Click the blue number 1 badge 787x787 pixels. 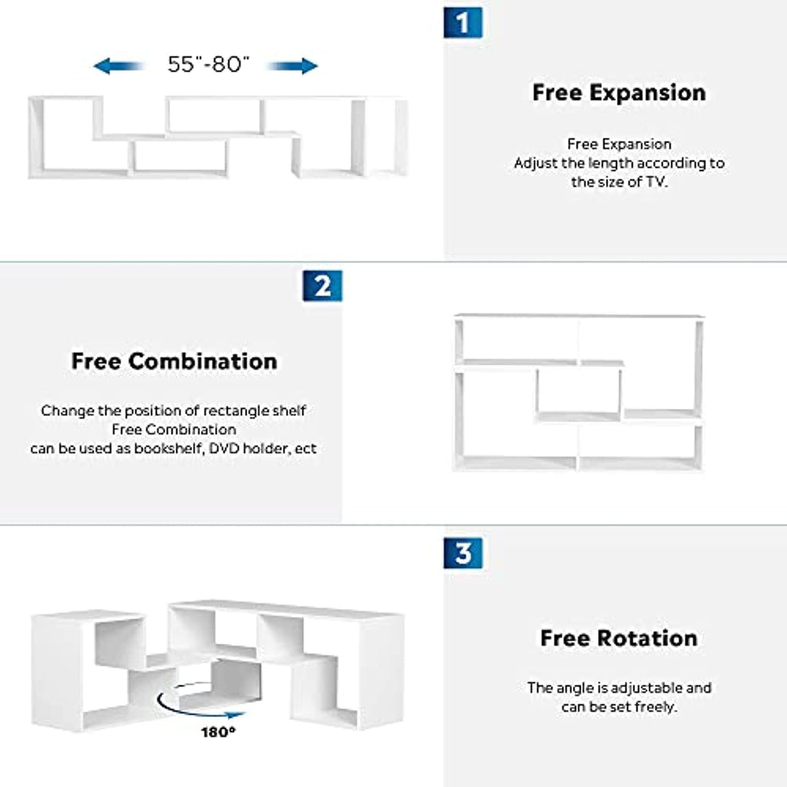(x=463, y=22)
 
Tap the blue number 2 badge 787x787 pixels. (x=322, y=286)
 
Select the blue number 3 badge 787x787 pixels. (x=463, y=553)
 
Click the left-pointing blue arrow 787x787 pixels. (x=118, y=66)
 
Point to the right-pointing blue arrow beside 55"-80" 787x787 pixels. (x=294, y=66)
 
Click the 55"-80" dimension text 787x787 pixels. (x=208, y=65)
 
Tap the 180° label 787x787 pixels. (x=218, y=732)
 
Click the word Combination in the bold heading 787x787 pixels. (x=203, y=361)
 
